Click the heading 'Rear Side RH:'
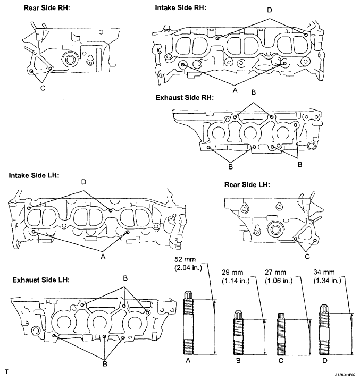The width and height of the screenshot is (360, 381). point(47,8)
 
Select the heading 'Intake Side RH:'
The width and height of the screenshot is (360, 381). point(180,8)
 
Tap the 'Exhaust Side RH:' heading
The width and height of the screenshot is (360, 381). point(185,98)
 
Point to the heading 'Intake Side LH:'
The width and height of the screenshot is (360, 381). point(34,175)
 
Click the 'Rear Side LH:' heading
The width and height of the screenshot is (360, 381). point(247,185)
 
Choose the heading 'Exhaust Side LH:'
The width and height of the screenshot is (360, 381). point(41,280)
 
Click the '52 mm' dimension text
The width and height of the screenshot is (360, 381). point(185,259)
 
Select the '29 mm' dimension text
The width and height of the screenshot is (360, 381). point(232,273)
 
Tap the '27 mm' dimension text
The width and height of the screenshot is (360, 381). point(275,273)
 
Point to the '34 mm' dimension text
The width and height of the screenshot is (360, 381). point(324,273)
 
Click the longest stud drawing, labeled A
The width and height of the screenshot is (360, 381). point(188,323)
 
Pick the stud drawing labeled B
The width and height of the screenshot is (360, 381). point(238,333)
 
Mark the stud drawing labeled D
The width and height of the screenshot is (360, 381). point(324,330)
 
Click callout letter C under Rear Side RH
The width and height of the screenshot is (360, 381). point(43,88)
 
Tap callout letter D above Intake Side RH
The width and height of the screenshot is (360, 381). point(269,10)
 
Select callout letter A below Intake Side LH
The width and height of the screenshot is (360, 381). point(103,256)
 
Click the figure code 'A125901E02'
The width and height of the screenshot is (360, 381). point(345,375)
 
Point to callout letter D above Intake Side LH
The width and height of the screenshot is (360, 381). point(83,182)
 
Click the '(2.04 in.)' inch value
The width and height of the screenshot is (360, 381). point(188,268)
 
